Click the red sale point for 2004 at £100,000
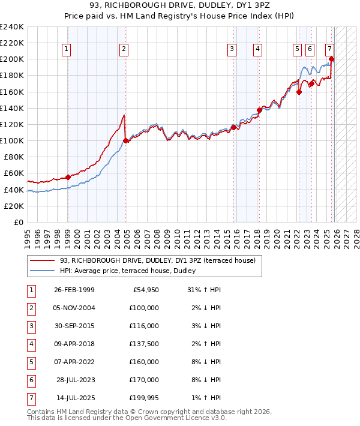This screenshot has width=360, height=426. click(x=125, y=140)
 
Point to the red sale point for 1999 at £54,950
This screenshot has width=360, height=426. click(x=68, y=177)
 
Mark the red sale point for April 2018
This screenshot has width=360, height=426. click(x=259, y=110)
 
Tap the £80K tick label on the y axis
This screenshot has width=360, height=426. click(x=13, y=157)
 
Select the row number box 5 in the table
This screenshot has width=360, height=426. click(x=31, y=362)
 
